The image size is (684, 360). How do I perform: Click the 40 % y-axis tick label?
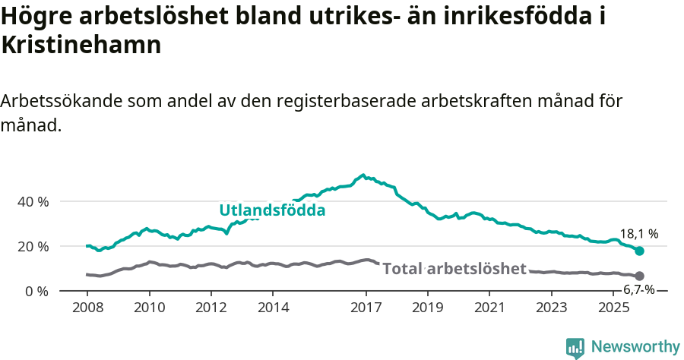tap(33, 202)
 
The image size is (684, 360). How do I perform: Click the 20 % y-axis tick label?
tap(33, 247)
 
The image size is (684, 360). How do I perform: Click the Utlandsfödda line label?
tap(272, 210)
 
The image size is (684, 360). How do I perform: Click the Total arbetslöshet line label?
tap(454, 269)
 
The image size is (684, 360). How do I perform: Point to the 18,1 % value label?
tap(638, 235)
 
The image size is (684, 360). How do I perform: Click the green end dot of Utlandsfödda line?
tap(639, 251)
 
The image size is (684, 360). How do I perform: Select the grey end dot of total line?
tap(639, 276)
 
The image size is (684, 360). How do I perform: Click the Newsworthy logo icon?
tap(575, 348)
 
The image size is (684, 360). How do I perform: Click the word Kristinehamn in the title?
tap(81, 45)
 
